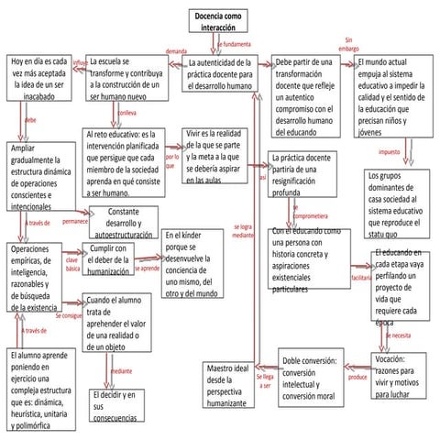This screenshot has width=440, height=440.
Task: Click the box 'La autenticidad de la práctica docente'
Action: (222, 73)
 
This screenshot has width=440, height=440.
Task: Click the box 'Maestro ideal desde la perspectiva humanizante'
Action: (227, 384)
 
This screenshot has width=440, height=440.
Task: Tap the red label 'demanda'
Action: (175, 51)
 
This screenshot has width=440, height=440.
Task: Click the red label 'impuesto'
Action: (389, 151)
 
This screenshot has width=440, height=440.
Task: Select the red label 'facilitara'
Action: (360, 277)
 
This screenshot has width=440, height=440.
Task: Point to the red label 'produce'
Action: (357, 377)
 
